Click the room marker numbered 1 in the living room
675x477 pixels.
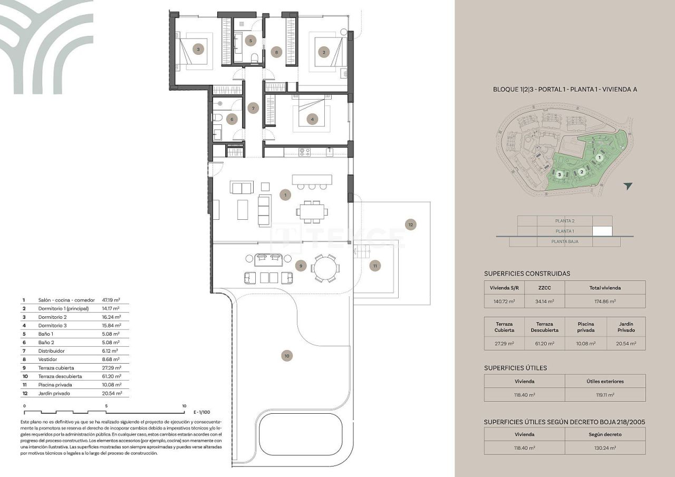click(285, 195)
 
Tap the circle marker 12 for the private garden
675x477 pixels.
click(411, 225)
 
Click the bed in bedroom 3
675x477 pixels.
click(196, 50)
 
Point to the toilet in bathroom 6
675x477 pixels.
click(217, 118)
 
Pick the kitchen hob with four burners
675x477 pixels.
click(305, 152)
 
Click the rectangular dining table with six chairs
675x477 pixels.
click(312, 212)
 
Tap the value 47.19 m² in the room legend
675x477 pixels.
click(110, 300)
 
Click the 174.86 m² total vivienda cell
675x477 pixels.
click(605, 302)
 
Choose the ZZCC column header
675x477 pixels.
click(544, 288)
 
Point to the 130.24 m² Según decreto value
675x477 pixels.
click(605, 448)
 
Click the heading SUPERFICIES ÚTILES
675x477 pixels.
click(515, 368)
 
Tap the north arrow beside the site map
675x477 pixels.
click(627, 186)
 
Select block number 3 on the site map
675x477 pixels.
click(559, 174)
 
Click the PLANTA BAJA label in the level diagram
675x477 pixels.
click(564, 241)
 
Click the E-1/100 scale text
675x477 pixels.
click(202, 412)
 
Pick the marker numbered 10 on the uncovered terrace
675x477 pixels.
click(286, 356)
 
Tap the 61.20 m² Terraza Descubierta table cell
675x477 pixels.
click(544, 344)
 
